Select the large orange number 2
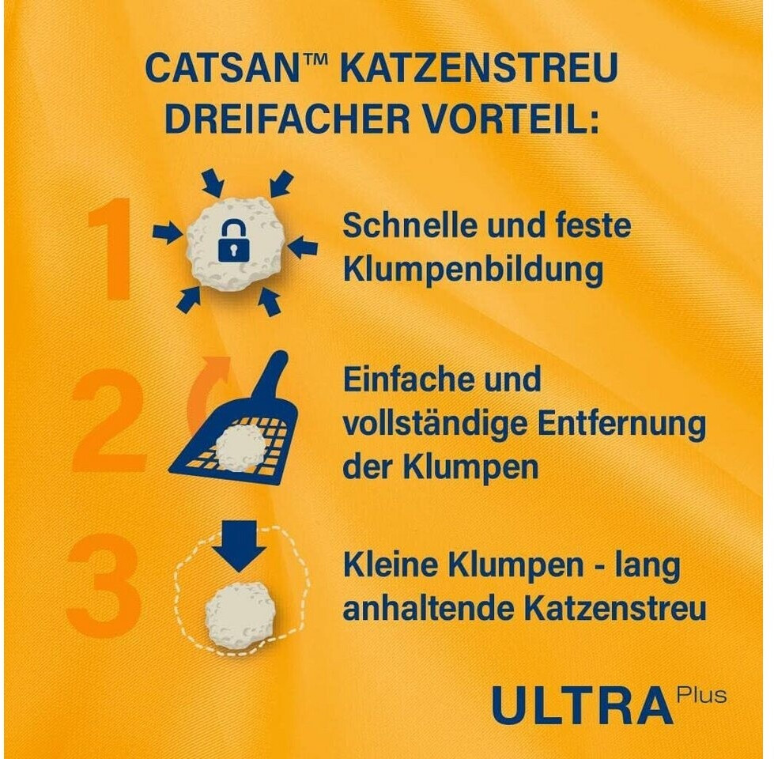coord(108,418)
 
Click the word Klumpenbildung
coord(473,270)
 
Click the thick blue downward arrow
coord(239,546)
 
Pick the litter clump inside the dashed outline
coord(240,614)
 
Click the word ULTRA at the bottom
coord(582,705)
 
